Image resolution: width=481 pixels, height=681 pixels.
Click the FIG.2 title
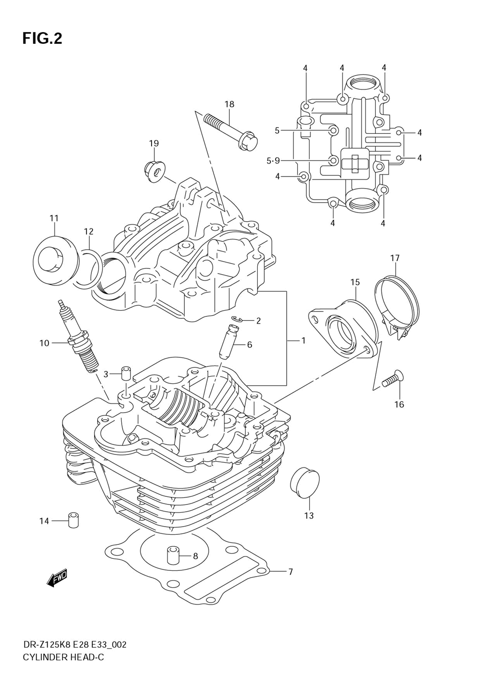pyautogui.click(x=42, y=38)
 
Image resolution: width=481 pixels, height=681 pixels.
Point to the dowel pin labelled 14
pyautogui.click(x=73, y=521)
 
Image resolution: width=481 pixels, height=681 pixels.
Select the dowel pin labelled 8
pyautogui.click(x=173, y=555)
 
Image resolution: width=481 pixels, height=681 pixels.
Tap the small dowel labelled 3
pyautogui.click(x=126, y=374)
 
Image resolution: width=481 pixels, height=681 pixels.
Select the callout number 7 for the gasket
pyautogui.click(x=290, y=572)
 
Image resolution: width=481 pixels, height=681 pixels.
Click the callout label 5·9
pyautogui.click(x=273, y=161)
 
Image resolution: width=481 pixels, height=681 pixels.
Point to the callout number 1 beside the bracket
pyautogui.click(x=303, y=340)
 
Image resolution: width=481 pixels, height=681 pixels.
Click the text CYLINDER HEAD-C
pyautogui.click(x=63, y=657)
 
